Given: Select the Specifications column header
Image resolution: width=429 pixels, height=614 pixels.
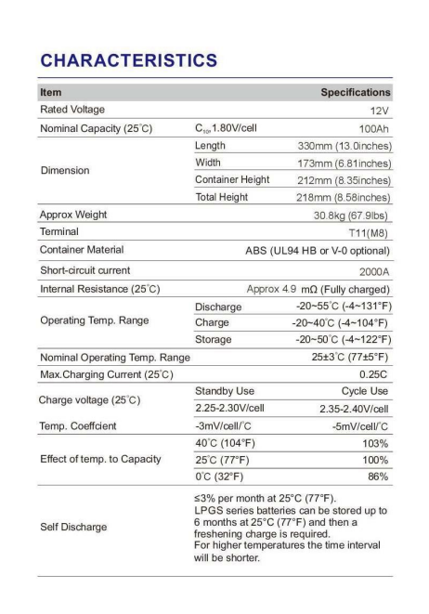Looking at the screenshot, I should point(356,93).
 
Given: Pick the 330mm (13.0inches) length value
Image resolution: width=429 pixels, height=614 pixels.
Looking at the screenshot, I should point(344,146).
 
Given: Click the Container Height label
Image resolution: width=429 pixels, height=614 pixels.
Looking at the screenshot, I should point(232,180).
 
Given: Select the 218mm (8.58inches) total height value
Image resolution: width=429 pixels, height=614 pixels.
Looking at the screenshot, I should point(344,197).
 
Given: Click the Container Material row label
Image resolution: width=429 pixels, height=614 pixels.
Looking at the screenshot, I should point(82,249).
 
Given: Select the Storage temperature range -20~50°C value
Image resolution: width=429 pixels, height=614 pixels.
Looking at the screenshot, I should point(341,339).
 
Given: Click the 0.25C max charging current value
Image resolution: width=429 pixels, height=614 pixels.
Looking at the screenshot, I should point(374,374).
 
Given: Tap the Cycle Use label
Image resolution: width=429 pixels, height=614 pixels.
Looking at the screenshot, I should point(364,391).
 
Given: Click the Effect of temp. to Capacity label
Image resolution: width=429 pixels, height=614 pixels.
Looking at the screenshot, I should point(99,460).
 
